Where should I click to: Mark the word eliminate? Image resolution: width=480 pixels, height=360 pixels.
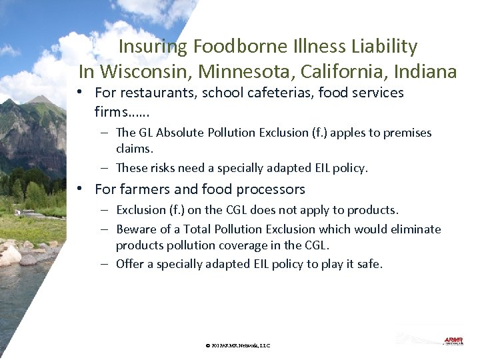tap(416, 229)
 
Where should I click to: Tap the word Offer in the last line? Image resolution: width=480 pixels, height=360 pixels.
tap(129, 264)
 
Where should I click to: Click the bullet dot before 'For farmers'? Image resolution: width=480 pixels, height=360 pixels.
tap(79, 189)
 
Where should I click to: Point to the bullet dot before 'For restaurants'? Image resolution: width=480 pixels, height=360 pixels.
tap(79, 93)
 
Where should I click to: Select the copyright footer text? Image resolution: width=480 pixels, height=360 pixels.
tap(238, 345)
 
